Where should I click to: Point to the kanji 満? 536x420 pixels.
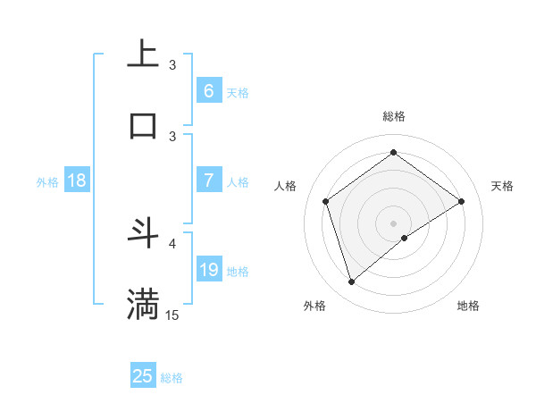[143, 304]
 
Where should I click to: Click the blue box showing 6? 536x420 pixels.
[208, 91]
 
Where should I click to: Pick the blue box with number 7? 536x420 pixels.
[208, 181]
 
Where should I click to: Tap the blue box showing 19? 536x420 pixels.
[208, 270]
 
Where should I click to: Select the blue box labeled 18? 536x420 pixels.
[77, 181]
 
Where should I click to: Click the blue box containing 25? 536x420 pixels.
[143, 376]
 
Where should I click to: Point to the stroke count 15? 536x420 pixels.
[172, 315]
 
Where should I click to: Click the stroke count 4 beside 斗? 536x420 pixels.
[172, 243]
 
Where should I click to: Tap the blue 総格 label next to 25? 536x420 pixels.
[172, 378]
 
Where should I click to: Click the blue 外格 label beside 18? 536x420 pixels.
[47, 182]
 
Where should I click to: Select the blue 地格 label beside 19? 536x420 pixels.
[238, 272]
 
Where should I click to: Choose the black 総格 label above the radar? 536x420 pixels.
[393, 116]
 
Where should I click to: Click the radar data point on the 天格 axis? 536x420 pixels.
[461, 201]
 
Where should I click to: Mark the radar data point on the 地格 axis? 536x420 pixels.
[405, 238]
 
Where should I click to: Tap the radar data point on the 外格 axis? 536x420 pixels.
[351, 282]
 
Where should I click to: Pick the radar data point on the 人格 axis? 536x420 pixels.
[326, 201]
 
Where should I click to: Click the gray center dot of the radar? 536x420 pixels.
[393, 223]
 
